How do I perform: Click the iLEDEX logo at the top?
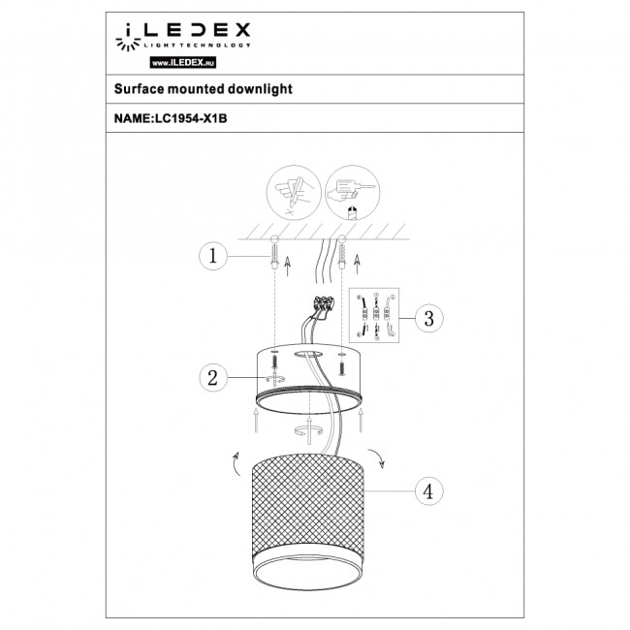click(x=183, y=36)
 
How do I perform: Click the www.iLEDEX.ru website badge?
click(x=183, y=62)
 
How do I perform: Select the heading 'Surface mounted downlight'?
click(x=190, y=88)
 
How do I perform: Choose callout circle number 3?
click(x=427, y=317)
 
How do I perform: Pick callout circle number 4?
click(x=427, y=491)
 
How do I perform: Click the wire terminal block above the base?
click(x=321, y=309)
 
